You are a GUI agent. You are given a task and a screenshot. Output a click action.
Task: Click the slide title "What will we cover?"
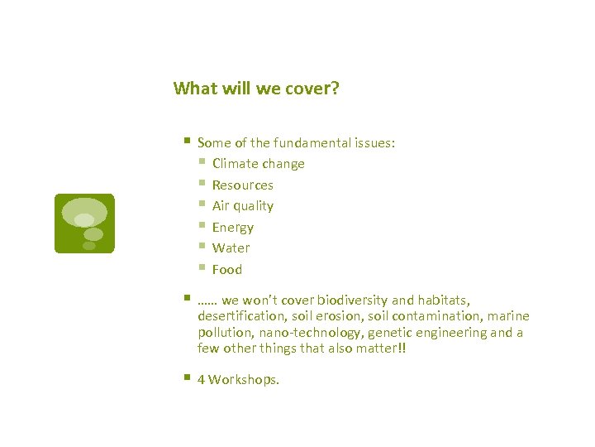[256, 89]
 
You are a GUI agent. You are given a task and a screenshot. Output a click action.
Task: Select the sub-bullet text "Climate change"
[258, 164]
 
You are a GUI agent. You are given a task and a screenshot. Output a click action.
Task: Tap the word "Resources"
[242, 185]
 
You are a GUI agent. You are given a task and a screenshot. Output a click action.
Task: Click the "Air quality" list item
[242, 206]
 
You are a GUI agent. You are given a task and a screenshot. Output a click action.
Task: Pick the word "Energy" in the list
[232, 228]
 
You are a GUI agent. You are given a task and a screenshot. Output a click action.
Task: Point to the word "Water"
[231, 248]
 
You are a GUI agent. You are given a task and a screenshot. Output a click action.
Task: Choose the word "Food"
[226, 270]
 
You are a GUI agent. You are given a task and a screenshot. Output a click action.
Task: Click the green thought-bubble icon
[84, 223]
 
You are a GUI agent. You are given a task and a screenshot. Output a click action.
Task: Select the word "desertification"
[240, 316]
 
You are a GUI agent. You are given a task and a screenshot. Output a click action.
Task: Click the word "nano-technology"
[308, 333]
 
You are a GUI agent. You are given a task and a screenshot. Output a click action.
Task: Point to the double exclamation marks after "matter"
[402, 348]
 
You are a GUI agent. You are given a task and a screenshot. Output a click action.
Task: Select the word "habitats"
[440, 300]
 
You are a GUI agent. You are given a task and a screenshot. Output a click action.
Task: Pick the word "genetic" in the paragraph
[389, 333]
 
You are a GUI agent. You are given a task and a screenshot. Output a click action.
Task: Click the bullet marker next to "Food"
[202, 268]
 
